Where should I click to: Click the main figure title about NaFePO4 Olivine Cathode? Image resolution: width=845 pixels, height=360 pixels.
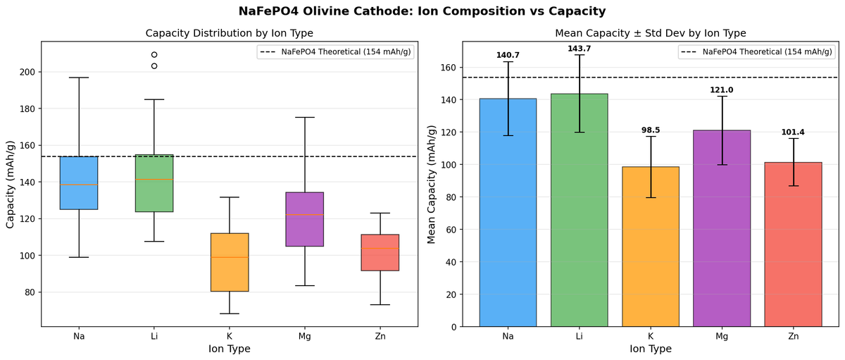[x=423, y=11]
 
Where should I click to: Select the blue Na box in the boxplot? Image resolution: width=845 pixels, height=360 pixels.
[x=79, y=183]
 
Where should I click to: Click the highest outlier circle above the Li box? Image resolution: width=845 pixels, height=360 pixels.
[x=154, y=54]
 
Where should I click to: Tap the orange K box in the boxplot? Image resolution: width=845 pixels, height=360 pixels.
[x=230, y=262]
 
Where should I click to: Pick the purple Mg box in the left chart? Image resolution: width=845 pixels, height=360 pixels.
[x=305, y=219]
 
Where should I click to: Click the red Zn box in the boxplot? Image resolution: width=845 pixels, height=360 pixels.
[x=380, y=252]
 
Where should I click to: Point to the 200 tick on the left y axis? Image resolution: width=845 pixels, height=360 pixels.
[x=28, y=72]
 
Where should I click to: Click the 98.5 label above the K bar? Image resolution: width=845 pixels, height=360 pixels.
[x=651, y=130]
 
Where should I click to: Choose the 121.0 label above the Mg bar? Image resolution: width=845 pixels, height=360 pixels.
[x=722, y=89]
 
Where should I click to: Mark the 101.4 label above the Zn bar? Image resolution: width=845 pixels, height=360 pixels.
[x=794, y=132]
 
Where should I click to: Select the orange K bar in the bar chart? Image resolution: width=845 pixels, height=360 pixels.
[x=651, y=247]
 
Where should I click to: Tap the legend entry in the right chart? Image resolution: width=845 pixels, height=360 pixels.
[x=755, y=51]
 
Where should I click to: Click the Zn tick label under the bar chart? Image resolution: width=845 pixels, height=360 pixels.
[x=794, y=337]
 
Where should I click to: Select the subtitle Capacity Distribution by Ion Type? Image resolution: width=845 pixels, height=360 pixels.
[x=229, y=33]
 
